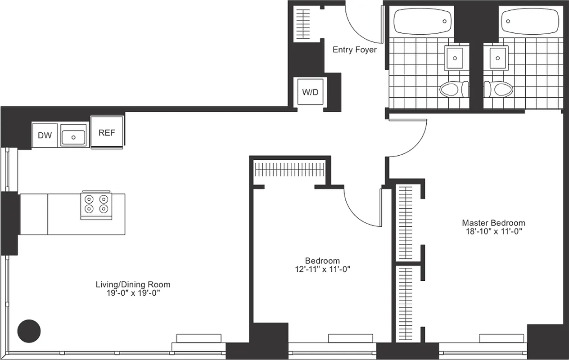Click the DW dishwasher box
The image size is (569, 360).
click(45, 135)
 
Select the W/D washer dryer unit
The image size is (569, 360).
click(310, 92)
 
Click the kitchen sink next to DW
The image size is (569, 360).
click(73, 136)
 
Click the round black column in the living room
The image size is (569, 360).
click(29, 331)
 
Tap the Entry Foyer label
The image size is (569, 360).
click(354, 50)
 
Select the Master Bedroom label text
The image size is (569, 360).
click(493, 223)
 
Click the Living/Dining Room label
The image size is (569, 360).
click(133, 284)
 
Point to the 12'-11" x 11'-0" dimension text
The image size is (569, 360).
click(322, 270)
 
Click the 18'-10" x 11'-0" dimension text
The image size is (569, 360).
click(493, 231)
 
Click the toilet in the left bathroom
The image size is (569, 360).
click(454, 89)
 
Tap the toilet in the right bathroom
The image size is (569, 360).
click(500, 89)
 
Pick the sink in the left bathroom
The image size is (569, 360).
click(456, 58)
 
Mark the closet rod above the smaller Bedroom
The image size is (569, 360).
click(289, 170)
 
